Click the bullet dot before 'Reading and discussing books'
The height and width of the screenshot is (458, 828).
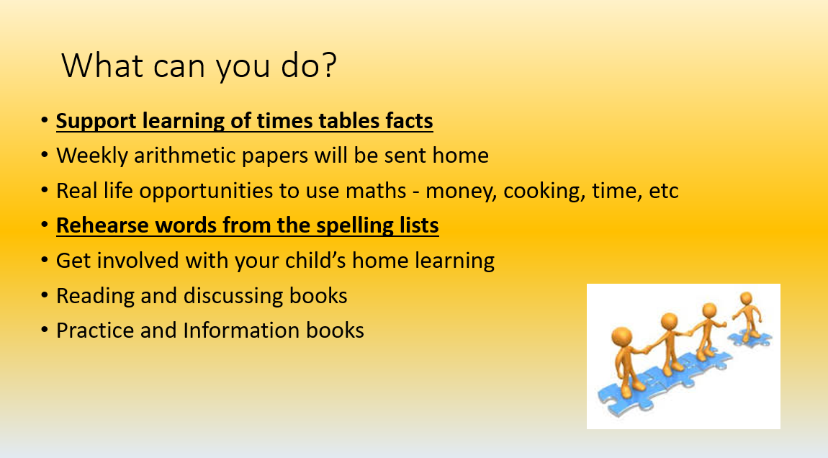(45, 296)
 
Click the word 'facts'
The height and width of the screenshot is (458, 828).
(408, 120)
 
